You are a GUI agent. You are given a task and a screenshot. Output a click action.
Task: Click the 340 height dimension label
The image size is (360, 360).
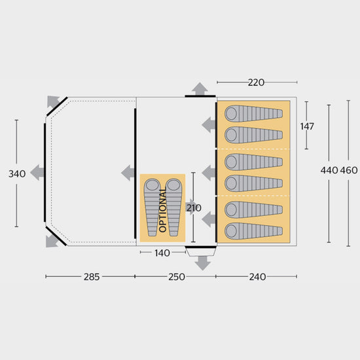(x=18, y=173)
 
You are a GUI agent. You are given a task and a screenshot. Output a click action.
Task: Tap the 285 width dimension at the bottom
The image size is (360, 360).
(x=91, y=276)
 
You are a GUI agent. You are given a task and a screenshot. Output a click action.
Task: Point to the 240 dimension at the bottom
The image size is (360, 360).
(x=257, y=276)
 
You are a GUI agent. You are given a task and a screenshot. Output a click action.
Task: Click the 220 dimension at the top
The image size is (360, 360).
(x=256, y=83)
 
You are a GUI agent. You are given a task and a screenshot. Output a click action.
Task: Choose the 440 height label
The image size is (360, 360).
(x=329, y=170)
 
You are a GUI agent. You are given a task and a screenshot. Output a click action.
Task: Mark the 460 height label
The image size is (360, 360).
(x=349, y=170)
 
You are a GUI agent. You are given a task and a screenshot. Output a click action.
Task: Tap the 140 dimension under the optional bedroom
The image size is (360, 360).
(x=162, y=252)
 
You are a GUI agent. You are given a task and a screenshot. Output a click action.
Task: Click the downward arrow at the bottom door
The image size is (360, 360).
(x=202, y=262)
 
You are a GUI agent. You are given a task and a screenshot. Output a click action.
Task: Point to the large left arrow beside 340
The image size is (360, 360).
(x=37, y=173)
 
